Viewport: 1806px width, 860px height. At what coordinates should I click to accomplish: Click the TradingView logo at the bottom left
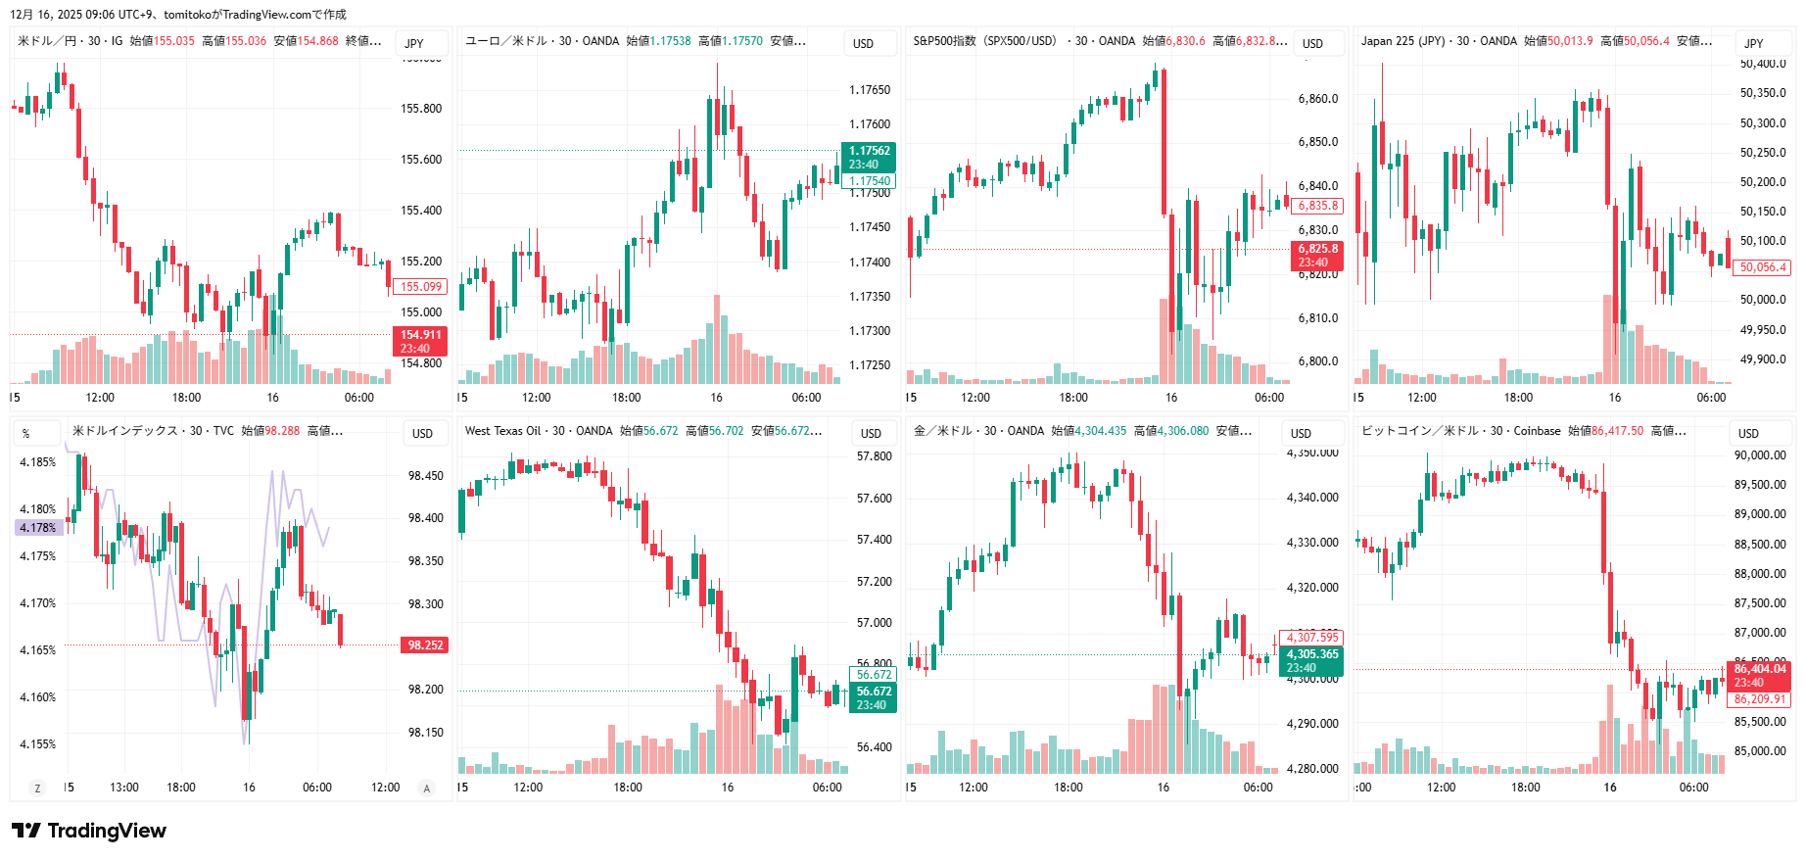[89, 831]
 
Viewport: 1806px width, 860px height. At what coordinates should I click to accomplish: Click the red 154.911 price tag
[420, 341]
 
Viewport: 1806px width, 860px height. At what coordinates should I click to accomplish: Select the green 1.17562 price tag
[869, 157]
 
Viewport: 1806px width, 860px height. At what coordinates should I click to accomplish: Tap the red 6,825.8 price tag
[1317, 255]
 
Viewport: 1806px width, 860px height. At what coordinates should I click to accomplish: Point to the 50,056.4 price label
[1762, 267]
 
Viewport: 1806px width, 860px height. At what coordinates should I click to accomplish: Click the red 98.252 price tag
[425, 645]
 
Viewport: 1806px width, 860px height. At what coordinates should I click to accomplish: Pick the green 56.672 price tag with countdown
[872, 697]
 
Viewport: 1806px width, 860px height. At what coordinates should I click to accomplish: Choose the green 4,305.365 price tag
[1312, 660]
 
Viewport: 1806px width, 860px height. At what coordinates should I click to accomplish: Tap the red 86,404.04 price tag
[1760, 675]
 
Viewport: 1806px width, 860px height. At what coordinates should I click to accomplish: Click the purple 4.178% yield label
[38, 528]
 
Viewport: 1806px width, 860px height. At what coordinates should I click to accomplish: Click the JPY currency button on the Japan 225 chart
[1753, 43]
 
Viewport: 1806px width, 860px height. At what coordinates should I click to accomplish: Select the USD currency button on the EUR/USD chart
[863, 43]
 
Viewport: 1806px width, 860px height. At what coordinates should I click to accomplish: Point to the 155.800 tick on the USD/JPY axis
[421, 109]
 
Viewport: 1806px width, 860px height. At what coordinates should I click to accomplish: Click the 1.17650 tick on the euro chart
[869, 90]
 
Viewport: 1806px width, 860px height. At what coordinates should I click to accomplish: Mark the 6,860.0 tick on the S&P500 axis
[1318, 99]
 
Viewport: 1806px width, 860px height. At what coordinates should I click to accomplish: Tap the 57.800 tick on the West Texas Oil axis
[874, 456]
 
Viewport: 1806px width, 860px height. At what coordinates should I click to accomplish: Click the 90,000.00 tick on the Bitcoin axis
[1760, 455]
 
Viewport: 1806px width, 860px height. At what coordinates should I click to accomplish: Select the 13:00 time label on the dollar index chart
[124, 788]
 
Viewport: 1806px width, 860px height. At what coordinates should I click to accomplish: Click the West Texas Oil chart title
[502, 431]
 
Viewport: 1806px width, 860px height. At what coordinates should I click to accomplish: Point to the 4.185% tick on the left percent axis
[38, 462]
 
